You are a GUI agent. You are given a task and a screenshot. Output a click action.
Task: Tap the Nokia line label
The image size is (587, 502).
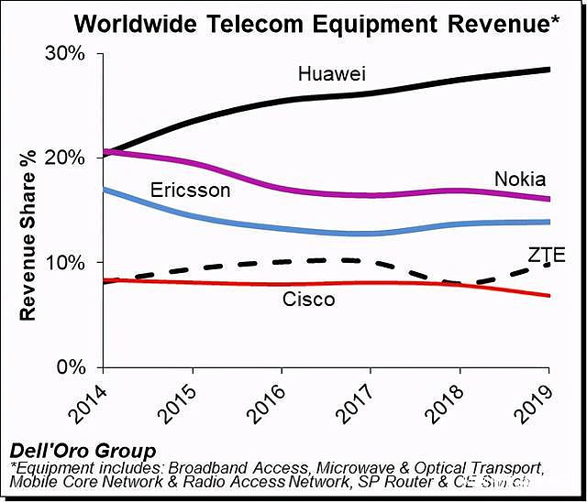coord(519,179)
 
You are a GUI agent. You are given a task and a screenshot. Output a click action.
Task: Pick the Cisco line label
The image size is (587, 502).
coord(308,299)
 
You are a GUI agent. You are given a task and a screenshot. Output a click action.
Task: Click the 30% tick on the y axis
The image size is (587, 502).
coord(67,54)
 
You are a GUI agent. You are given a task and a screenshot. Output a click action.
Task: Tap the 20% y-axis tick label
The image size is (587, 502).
coord(67,158)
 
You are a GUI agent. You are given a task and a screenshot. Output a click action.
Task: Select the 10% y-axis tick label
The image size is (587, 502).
coord(67,263)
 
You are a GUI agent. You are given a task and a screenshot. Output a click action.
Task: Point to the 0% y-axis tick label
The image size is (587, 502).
coord(72,367)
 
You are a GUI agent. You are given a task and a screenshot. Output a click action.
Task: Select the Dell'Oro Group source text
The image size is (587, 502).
coord(83,450)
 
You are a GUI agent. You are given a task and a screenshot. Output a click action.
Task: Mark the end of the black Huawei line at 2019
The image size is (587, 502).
coord(548,70)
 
